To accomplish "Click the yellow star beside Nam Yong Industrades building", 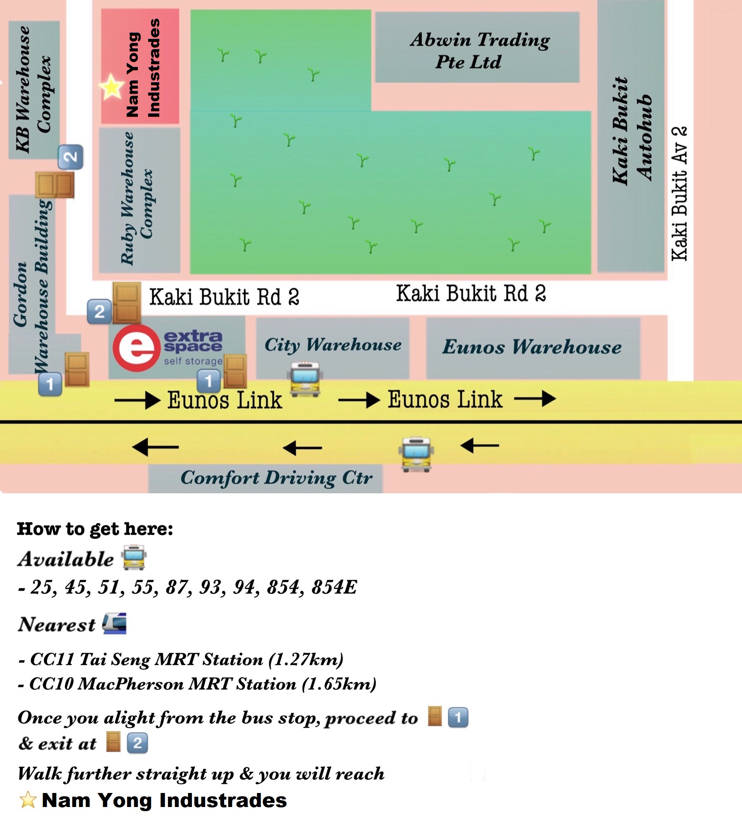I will click(111, 87).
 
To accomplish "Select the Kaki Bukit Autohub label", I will click(631, 130).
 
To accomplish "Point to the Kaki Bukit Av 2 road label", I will click(679, 194).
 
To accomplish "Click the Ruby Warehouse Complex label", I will click(136, 198).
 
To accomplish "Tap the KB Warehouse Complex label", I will click(33, 89).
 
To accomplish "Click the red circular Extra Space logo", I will click(136, 348).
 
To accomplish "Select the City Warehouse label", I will click(333, 345).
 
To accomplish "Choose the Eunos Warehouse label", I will click(532, 347).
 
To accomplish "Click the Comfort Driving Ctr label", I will click(276, 478).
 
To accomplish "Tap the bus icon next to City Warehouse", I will click(305, 379).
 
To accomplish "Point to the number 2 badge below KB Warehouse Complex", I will click(71, 157).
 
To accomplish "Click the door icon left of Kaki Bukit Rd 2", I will click(127, 302).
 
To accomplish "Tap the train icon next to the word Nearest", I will click(114, 623).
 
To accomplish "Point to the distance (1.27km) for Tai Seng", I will click(306, 659).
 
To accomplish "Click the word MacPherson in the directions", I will click(130, 684).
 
